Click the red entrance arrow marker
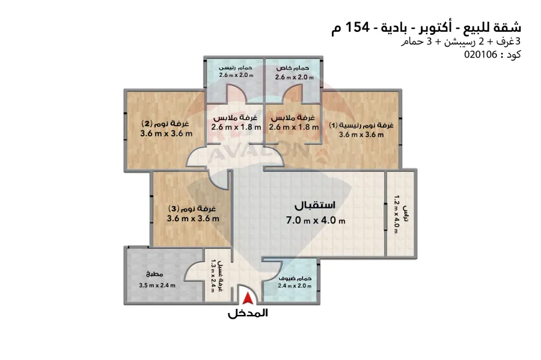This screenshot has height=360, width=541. [x=248, y=299]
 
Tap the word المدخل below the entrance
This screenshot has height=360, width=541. [x=248, y=313]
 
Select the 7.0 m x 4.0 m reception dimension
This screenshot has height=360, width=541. [x=316, y=220]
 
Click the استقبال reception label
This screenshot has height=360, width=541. [x=314, y=206]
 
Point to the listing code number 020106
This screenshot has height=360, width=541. [x=481, y=55]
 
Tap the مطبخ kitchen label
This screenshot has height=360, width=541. [x=154, y=275]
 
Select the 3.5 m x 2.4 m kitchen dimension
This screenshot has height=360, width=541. [x=157, y=285]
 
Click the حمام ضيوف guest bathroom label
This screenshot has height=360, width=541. [x=295, y=278]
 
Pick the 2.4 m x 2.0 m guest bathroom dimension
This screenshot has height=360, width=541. [x=295, y=285]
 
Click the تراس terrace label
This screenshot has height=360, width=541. [x=406, y=214]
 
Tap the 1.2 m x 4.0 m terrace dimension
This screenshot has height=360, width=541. [x=396, y=214]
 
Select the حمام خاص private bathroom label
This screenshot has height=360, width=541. [x=292, y=69]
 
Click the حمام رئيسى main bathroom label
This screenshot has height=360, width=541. [x=235, y=68]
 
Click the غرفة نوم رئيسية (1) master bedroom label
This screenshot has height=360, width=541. [x=361, y=125]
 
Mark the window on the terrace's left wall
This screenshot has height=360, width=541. [x=385, y=216]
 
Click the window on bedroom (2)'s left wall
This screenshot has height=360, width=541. [x=126, y=126]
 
